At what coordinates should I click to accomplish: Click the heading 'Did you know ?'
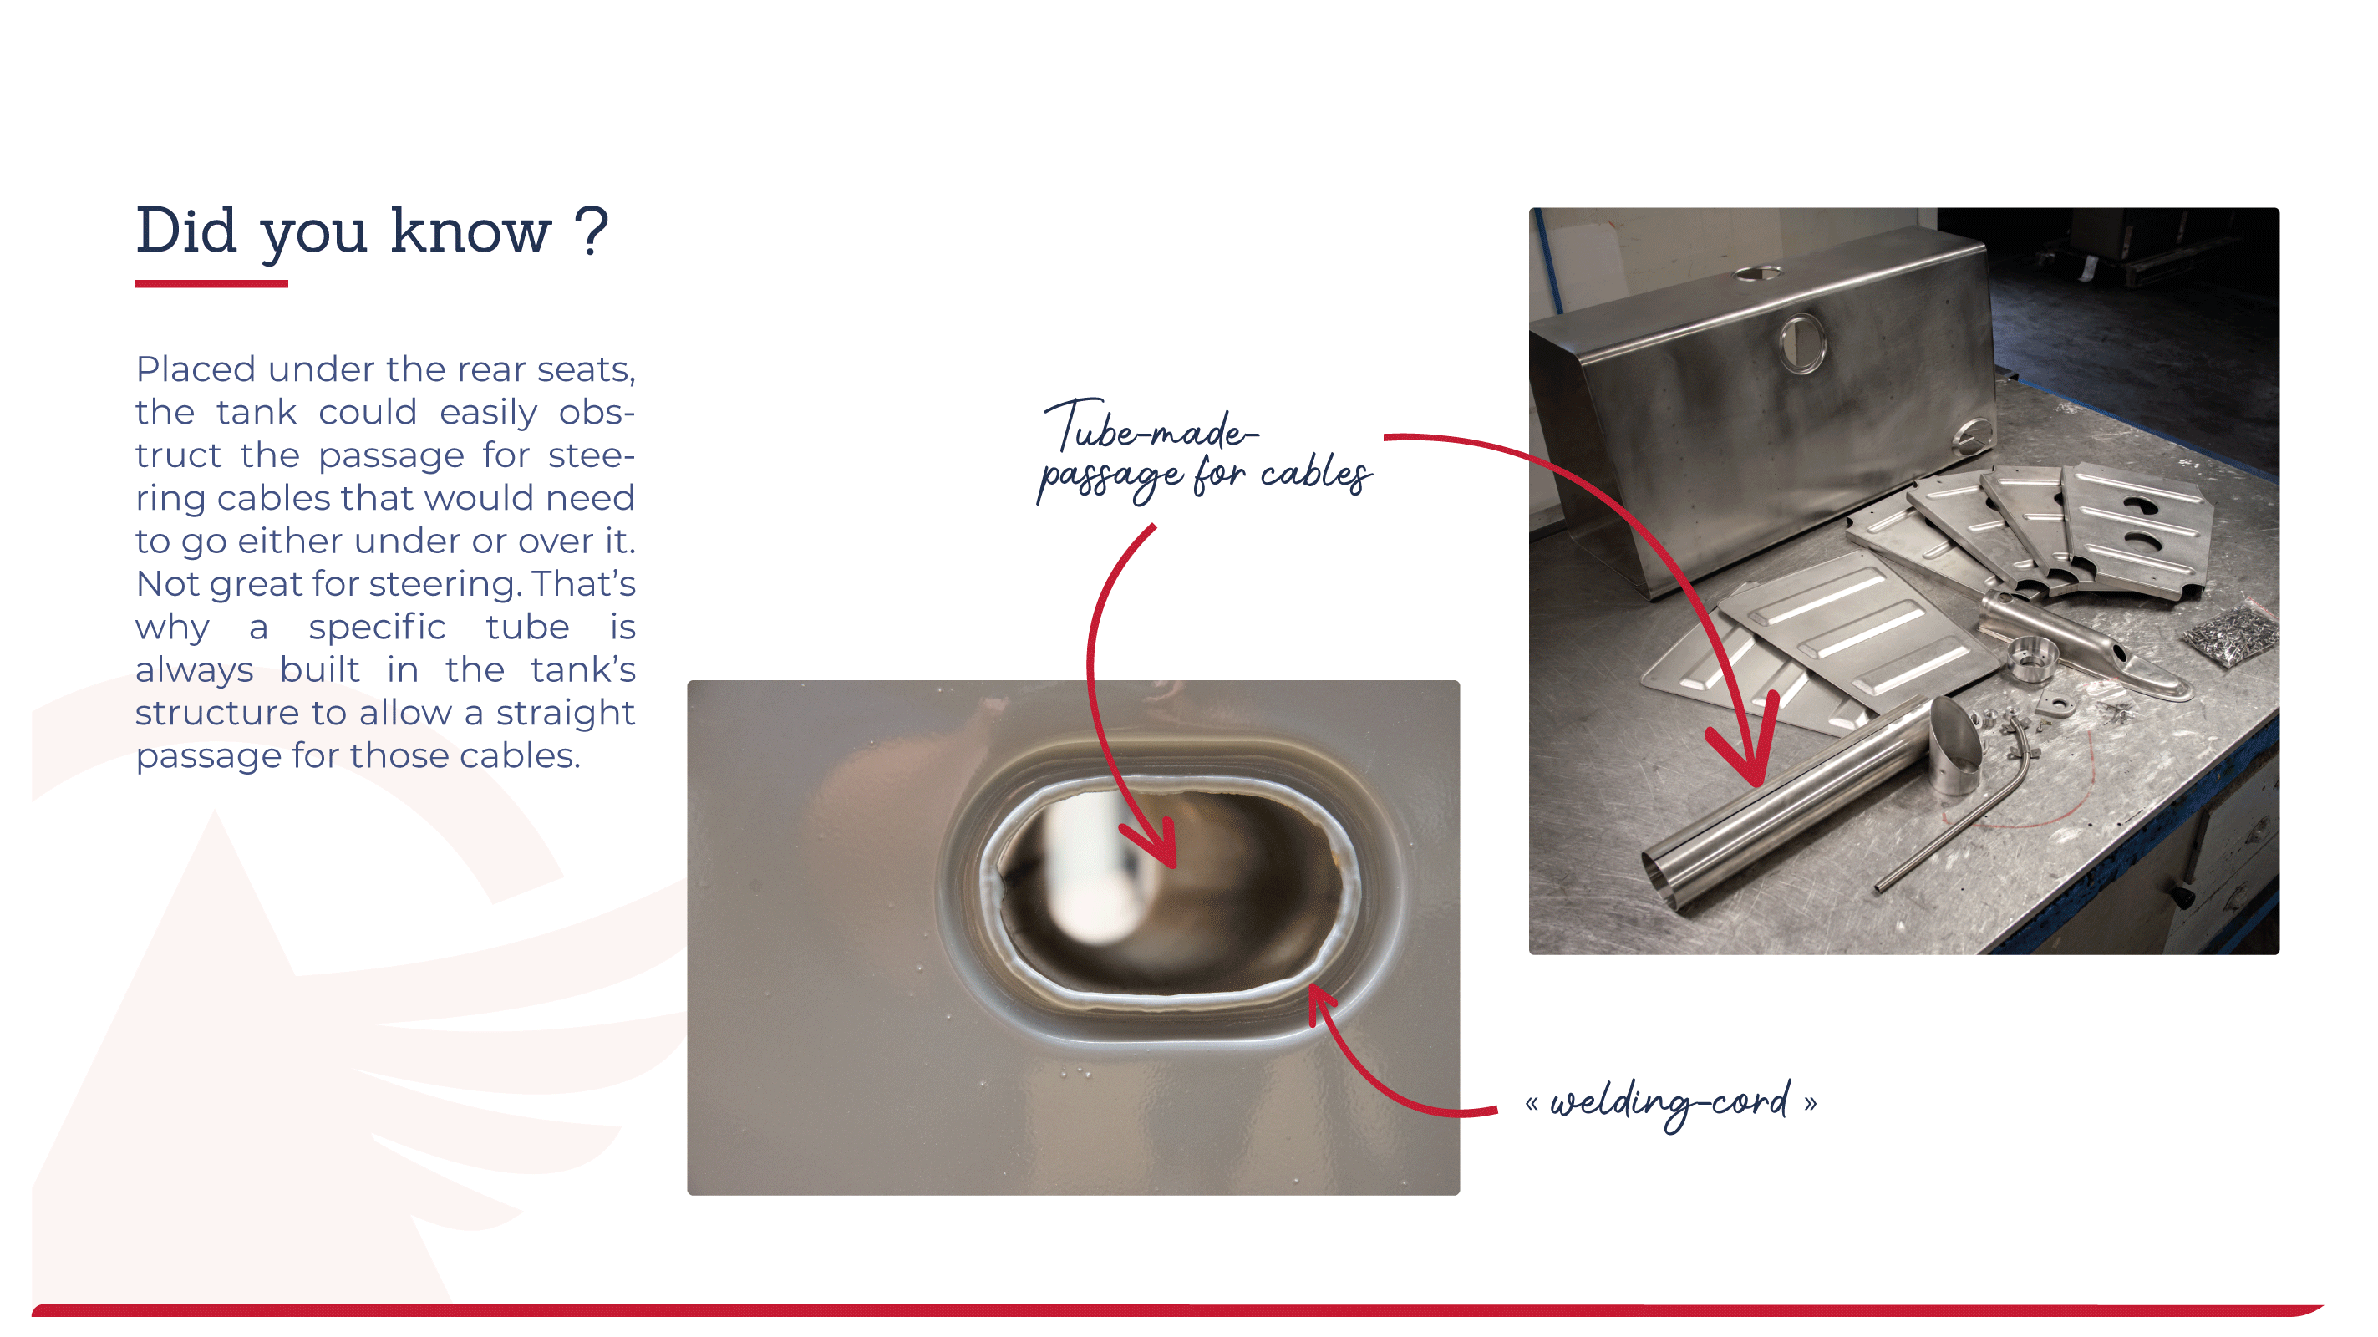(x=372, y=231)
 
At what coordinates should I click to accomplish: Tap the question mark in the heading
(x=591, y=230)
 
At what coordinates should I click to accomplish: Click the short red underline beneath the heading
(x=211, y=284)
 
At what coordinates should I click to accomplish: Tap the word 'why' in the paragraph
(x=171, y=628)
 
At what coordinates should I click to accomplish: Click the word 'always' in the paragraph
(x=194, y=671)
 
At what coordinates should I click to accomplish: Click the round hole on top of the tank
(x=1758, y=273)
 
